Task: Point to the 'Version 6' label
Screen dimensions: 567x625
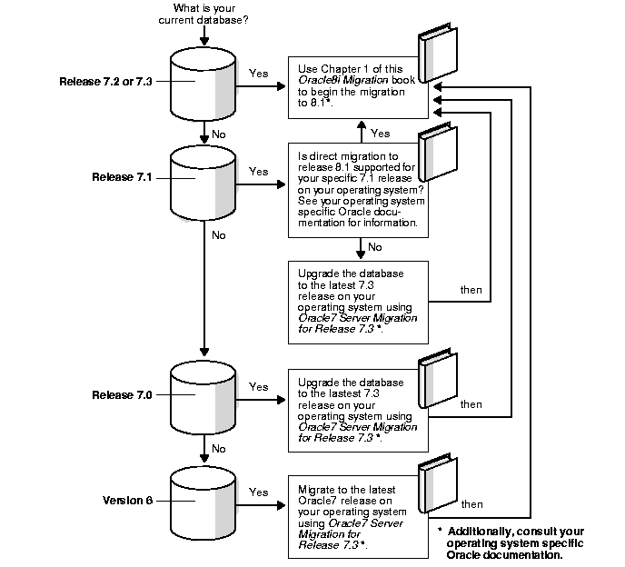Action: click(x=127, y=500)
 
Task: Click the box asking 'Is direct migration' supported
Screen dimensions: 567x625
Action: click(x=358, y=190)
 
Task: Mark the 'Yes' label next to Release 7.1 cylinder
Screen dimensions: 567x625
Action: click(x=259, y=171)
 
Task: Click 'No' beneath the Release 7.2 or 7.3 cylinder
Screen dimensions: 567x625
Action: click(x=219, y=134)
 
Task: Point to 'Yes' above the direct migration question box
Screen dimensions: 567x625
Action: click(x=381, y=133)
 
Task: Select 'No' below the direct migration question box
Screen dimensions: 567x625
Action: click(x=374, y=246)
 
